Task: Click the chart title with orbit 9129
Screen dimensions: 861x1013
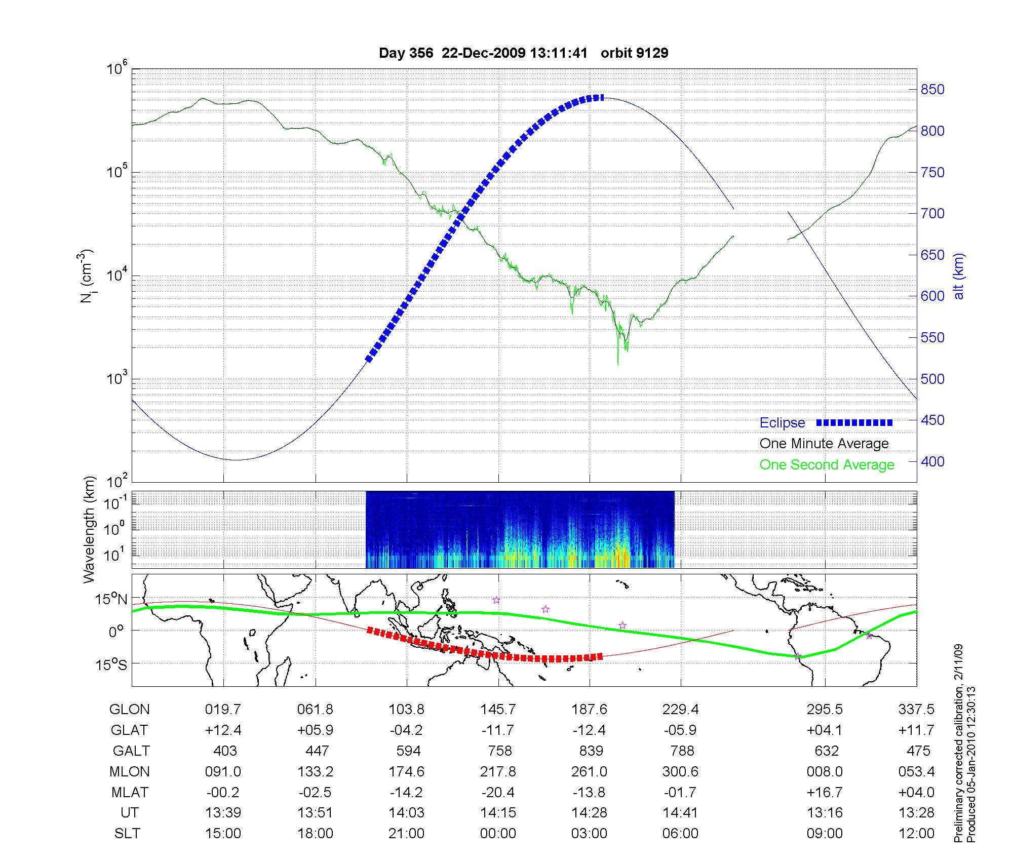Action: [x=523, y=53]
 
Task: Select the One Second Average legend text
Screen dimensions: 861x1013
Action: [x=827, y=465]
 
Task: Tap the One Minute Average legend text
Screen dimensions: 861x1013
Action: [x=824, y=444]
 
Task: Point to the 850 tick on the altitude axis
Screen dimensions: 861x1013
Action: [x=932, y=90]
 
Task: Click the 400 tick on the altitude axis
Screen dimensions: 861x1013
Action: [x=932, y=461]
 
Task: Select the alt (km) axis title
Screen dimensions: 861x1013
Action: [x=959, y=276]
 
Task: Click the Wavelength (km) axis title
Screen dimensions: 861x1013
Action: [x=89, y=529]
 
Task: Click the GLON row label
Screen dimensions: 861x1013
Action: [x=129, y=710]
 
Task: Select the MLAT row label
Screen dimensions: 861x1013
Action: [x=130, y=792]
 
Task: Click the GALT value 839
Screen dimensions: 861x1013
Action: [x=590, y=751]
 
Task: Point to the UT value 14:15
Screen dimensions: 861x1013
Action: [x=498, y=813]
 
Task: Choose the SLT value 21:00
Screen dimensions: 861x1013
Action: [x=406, y=834]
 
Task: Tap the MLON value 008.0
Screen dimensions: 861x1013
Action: [x=825, y=772]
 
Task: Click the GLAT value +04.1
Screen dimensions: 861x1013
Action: [x=825, y=730]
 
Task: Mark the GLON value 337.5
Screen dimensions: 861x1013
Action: [x=916, y=710]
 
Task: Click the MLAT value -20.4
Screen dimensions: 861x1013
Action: [x=498, y=792]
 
